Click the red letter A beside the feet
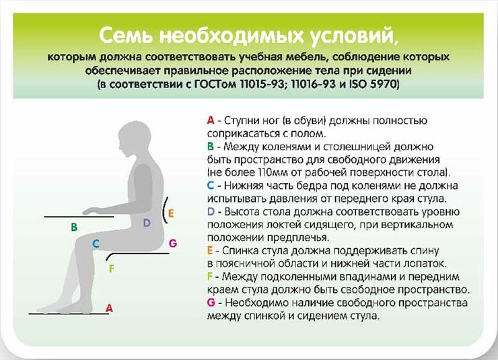coord(109,307)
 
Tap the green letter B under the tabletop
coord(74,228)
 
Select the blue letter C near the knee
coord(96,244)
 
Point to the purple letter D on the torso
coord(146,223)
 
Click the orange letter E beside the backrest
coord(172,214)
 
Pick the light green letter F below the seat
coord(112,269)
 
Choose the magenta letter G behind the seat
coord(173,243)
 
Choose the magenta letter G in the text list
coord(211,303)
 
